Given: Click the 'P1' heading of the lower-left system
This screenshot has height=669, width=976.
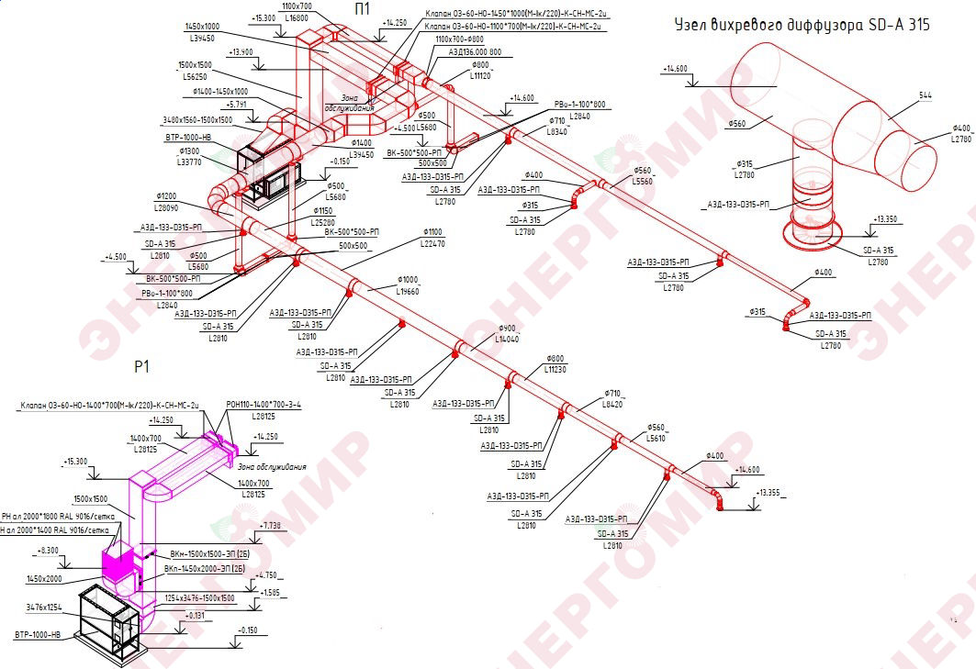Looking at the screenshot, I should pos(141,366).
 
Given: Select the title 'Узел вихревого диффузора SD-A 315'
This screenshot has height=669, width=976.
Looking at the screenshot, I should pos(802,25).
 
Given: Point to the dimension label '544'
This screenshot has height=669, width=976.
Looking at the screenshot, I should pos(925,95).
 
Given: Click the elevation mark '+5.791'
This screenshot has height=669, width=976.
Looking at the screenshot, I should pos(235,105).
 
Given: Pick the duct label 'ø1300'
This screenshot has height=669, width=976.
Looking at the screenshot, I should pos(189,151).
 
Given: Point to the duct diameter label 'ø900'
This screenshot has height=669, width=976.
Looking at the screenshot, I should pos(508,329).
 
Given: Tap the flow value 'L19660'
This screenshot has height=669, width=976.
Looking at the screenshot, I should pos(407,292).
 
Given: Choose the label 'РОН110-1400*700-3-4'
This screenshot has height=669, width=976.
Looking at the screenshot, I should pos(264,404).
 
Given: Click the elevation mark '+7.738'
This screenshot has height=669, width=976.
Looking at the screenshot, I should pos(271,526).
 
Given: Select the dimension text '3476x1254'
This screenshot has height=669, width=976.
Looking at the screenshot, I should pos(45,608).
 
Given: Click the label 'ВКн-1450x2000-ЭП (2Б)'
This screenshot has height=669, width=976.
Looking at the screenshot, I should pos(204,569).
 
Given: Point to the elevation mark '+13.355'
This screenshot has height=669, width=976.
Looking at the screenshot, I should pos(769,493).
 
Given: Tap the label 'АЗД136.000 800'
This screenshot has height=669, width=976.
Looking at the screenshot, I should pos(476,52).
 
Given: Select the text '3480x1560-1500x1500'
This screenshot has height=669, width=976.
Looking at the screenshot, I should pos(196,120).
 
